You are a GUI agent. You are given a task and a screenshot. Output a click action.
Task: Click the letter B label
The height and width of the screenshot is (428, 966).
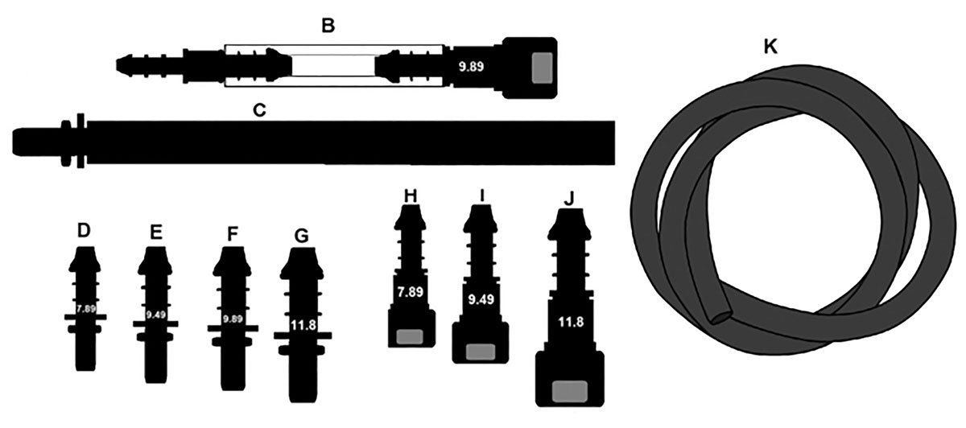coord(328,26)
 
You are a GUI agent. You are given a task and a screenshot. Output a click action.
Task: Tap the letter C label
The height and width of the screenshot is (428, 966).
coord(259,110)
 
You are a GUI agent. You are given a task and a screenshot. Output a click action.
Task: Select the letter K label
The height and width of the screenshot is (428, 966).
coord(770,47)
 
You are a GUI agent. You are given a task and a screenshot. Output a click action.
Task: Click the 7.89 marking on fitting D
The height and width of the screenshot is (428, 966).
coord(85,308)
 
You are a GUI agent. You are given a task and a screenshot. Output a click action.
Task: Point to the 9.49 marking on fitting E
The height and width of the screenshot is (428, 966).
coord(156,315)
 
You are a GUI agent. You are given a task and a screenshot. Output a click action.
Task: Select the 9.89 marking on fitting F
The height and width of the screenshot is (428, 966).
coord(232,319)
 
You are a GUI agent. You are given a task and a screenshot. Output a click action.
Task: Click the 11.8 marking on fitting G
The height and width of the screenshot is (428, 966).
coord(303,326)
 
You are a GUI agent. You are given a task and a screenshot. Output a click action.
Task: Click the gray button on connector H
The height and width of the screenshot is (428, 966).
coord(412,336)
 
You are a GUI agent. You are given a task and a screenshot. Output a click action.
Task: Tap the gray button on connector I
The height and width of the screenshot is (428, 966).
coord(481,352)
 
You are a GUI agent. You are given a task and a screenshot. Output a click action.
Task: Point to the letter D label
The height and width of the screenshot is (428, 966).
coord(83,231)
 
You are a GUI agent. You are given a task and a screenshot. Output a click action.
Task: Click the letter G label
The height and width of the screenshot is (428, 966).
coord(301,236)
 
